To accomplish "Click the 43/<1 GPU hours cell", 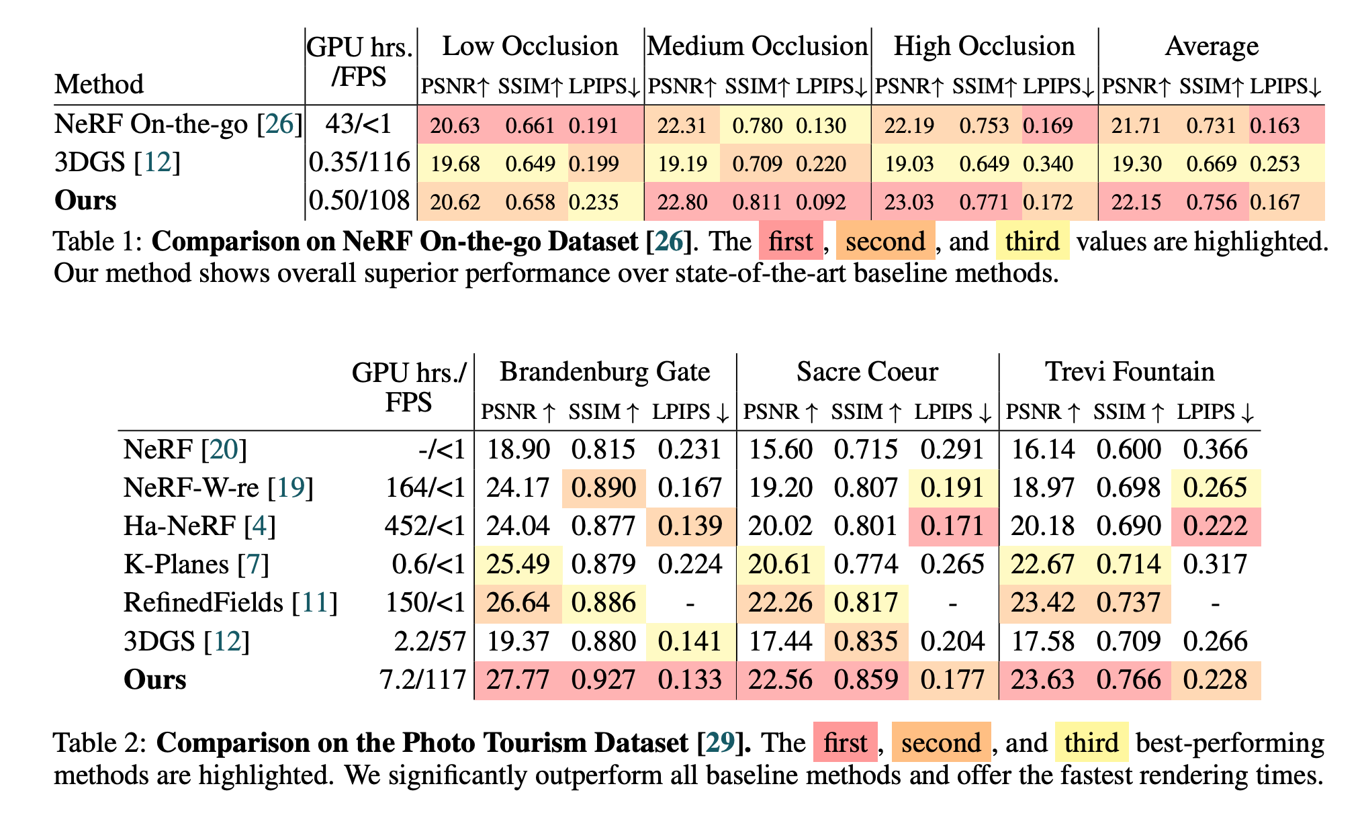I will [358, 125].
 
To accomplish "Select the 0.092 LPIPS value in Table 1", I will [821, 202].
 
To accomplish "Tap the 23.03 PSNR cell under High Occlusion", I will [909, 202].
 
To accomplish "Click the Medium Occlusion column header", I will [758, 46].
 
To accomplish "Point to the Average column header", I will [1212, 46].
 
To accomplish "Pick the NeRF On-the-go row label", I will [178, 125].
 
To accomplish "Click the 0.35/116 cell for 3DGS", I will [359, 163].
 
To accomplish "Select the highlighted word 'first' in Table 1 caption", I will [790, 241].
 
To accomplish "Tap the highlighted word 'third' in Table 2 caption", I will [1091, 742].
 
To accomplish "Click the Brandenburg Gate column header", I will [604, 371].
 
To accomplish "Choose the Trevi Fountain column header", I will [1130, 371].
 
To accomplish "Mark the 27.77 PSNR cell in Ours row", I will [518, 679].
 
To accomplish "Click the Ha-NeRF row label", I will [199, 526].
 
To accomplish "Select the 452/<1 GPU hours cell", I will [424, 526].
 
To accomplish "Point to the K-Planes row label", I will [196, 564].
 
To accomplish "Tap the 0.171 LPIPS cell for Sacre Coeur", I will [952, 526].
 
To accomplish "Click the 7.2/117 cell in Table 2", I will [422, 679].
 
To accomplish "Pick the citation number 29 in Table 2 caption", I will [719, 742].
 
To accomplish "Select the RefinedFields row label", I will [230, 602].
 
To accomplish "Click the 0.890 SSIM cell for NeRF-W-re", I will [603, 487].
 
